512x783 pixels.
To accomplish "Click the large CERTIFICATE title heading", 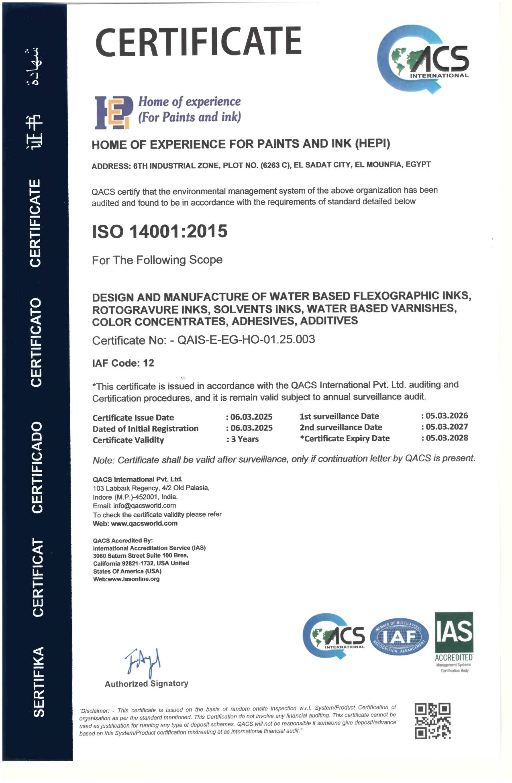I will tap(198, 41).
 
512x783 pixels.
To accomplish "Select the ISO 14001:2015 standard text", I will tap(160, 231).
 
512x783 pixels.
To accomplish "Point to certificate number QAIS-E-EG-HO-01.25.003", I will tap(246, 340).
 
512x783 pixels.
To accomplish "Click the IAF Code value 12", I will tap(149, 363).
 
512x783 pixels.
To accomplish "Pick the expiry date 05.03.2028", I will tap(447, 438).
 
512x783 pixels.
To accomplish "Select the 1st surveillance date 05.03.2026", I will tap(447, 416).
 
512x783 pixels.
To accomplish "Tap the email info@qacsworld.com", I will tap(145, 506).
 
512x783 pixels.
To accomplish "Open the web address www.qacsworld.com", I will tap(144, 524).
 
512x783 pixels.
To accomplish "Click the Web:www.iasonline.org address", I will tap(126, 579).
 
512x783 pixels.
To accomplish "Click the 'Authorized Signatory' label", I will tap(147, 684).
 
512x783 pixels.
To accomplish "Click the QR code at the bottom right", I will tap(432, 721).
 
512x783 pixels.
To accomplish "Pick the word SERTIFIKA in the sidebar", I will tap(38, 681).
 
